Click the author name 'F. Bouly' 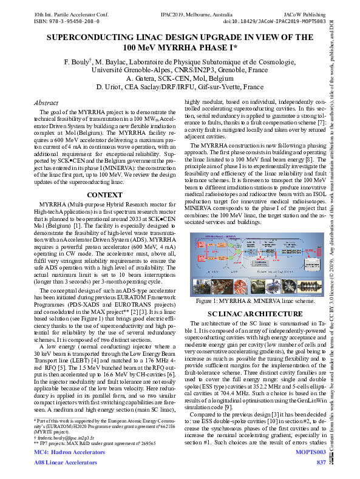tap(77, 62)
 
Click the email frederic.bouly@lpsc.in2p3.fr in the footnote tap(66, 436)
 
